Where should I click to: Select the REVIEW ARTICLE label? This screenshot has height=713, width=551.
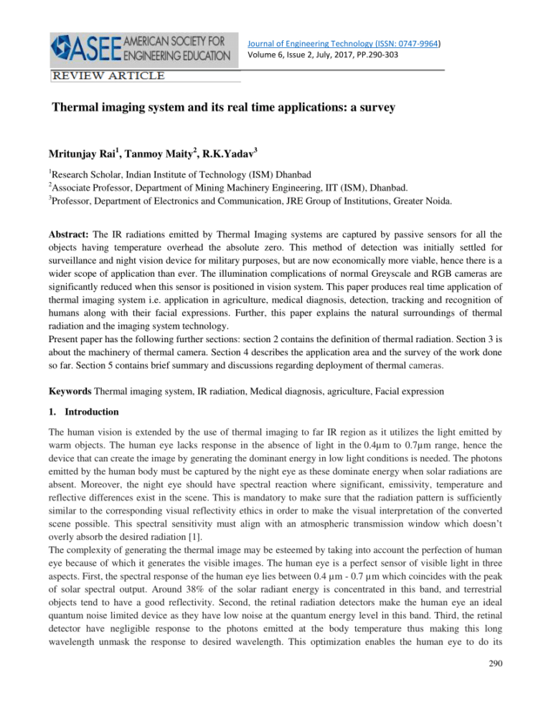(x=106, y=75)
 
